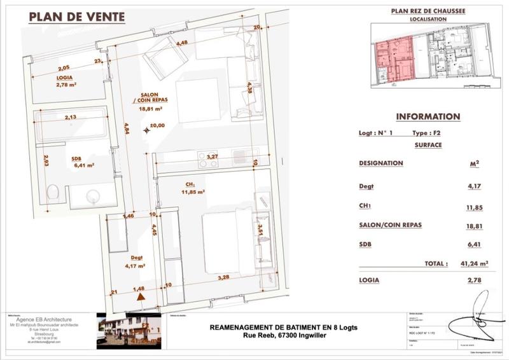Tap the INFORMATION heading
[428, 117]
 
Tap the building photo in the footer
[127, 330]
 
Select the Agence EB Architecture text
[49, 319]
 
